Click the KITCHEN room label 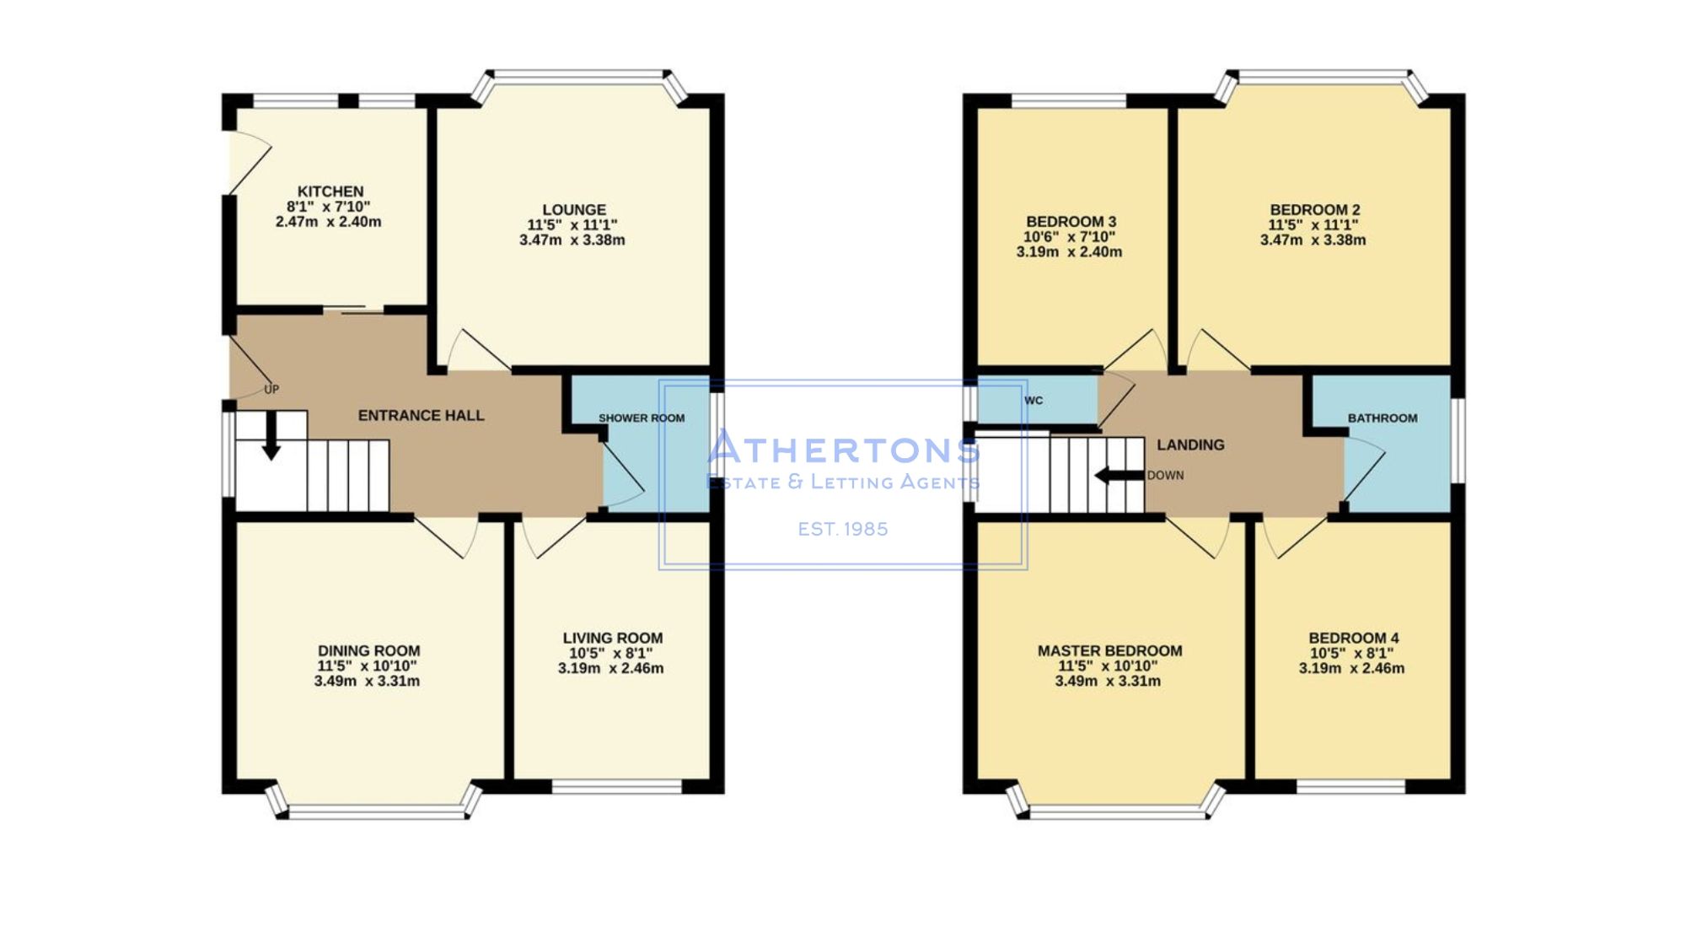click(x=330, y=191)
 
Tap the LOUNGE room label click(x=574, y=209)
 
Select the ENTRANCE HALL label click(x=421, y=415)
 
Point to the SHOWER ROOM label click(x=642, y=418)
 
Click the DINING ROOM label click(x=368, y=650)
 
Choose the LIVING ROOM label click(x=613, y=638)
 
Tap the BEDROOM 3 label click(x=1071, y=222)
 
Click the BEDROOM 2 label click(x=1315, y=209)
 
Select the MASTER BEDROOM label click(x=1109, y=650)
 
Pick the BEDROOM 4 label click(x=1354, y=638)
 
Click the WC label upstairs click(x=1034, y=401)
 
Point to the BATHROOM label click(x=1383, y=418)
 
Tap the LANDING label click(x=1190, y=445)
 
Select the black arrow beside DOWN click(x=1119, y=476)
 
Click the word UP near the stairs click(x=271, y=390)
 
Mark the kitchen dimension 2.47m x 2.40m click(x=328, y=222)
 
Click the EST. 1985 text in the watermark click(x=843, y=529)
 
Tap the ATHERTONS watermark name click(x=843, y=447)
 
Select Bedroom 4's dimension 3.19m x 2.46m click(x=1351, y=668)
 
